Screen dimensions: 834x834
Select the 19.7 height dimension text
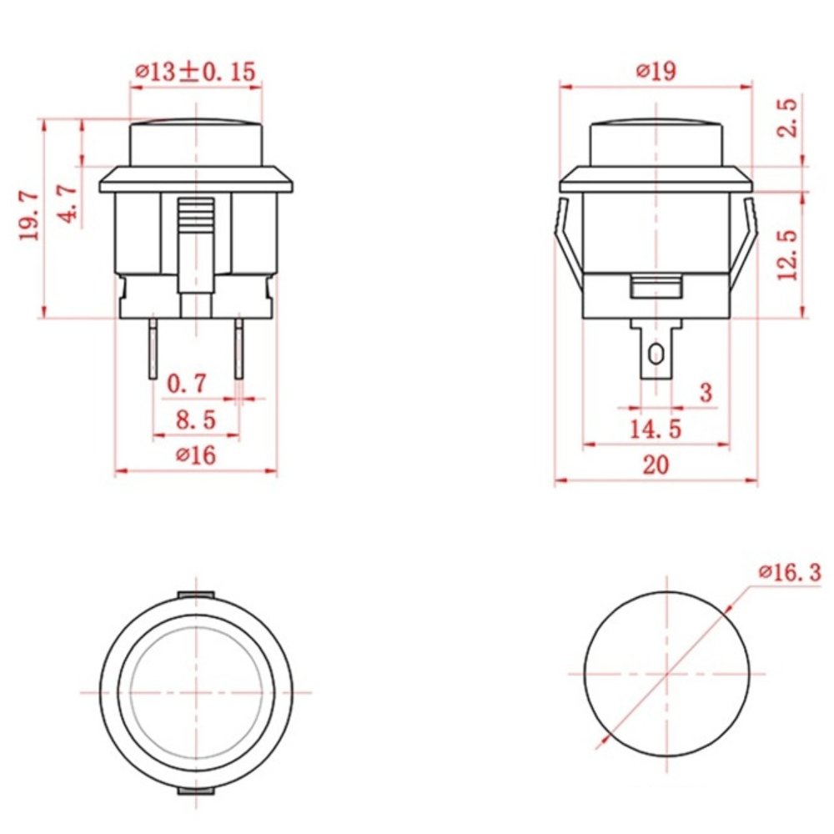29,216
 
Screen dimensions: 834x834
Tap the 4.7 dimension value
69,203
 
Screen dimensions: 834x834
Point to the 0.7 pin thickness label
186,384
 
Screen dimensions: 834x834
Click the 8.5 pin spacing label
195,420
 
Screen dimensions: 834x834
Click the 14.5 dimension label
655,430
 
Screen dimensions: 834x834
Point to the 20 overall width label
656,465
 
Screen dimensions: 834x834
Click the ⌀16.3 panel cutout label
789,572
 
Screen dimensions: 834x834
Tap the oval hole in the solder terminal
656,354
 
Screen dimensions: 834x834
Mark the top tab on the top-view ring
196,594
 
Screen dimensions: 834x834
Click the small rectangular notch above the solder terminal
656,288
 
